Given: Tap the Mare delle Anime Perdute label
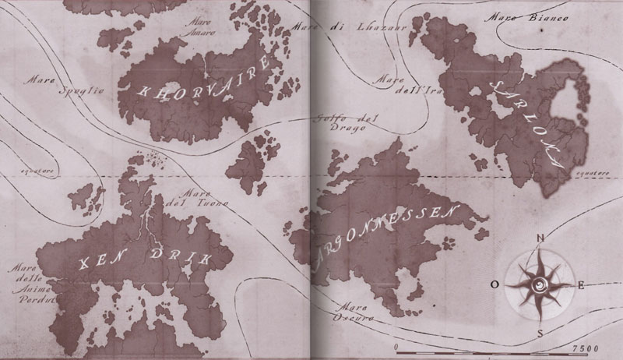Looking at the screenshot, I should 31,282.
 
